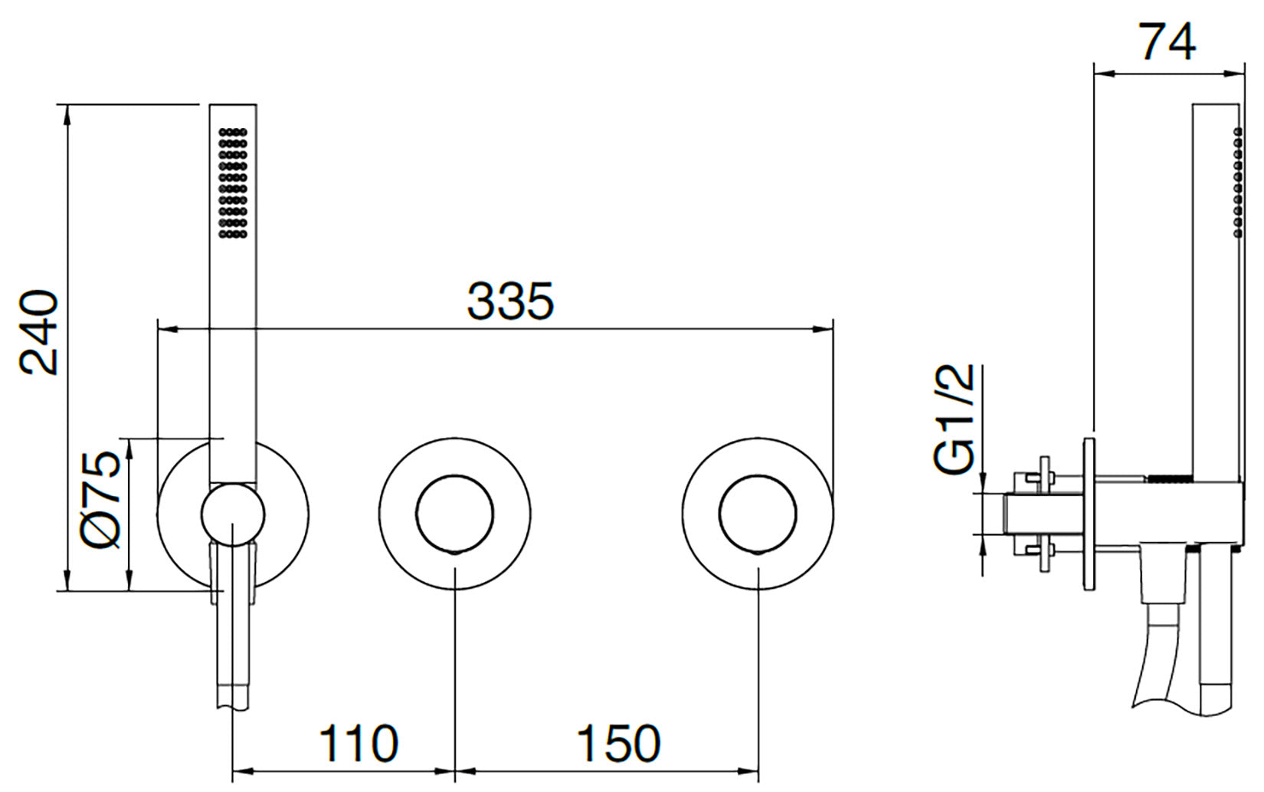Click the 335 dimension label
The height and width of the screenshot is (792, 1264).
coord(511,301)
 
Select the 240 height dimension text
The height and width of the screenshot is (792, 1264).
coord(38,333)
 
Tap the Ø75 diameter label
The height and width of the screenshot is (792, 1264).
coord(100,500)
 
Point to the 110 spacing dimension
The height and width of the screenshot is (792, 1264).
coord(359,744)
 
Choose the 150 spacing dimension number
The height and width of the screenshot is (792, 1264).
coord(618,744)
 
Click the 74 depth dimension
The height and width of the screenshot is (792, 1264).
coord(1167,42)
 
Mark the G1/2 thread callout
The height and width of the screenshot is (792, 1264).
coord(953,419)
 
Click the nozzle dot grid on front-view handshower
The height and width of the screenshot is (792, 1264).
coord(232,183)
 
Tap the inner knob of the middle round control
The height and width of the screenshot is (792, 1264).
coord(455,514)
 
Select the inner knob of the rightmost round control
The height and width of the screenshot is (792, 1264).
coord(758,514)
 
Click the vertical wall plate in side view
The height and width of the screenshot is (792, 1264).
coord(1089,514)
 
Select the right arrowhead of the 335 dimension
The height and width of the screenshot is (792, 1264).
coord(823,330)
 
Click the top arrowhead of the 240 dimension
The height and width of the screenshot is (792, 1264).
coord(67,115)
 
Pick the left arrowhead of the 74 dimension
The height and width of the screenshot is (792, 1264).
coord(1105,73)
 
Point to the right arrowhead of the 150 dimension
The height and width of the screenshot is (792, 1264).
coord(748,771)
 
